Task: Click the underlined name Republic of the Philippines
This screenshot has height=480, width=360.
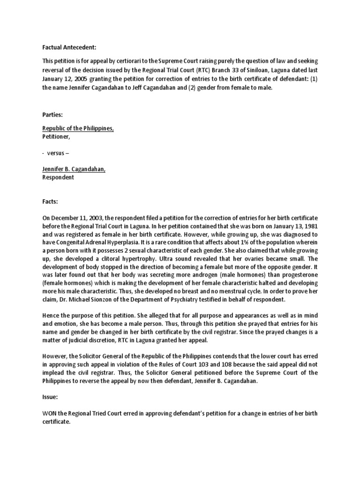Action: tap(78, 128)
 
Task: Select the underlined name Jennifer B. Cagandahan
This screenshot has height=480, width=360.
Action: tap(74, 169)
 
